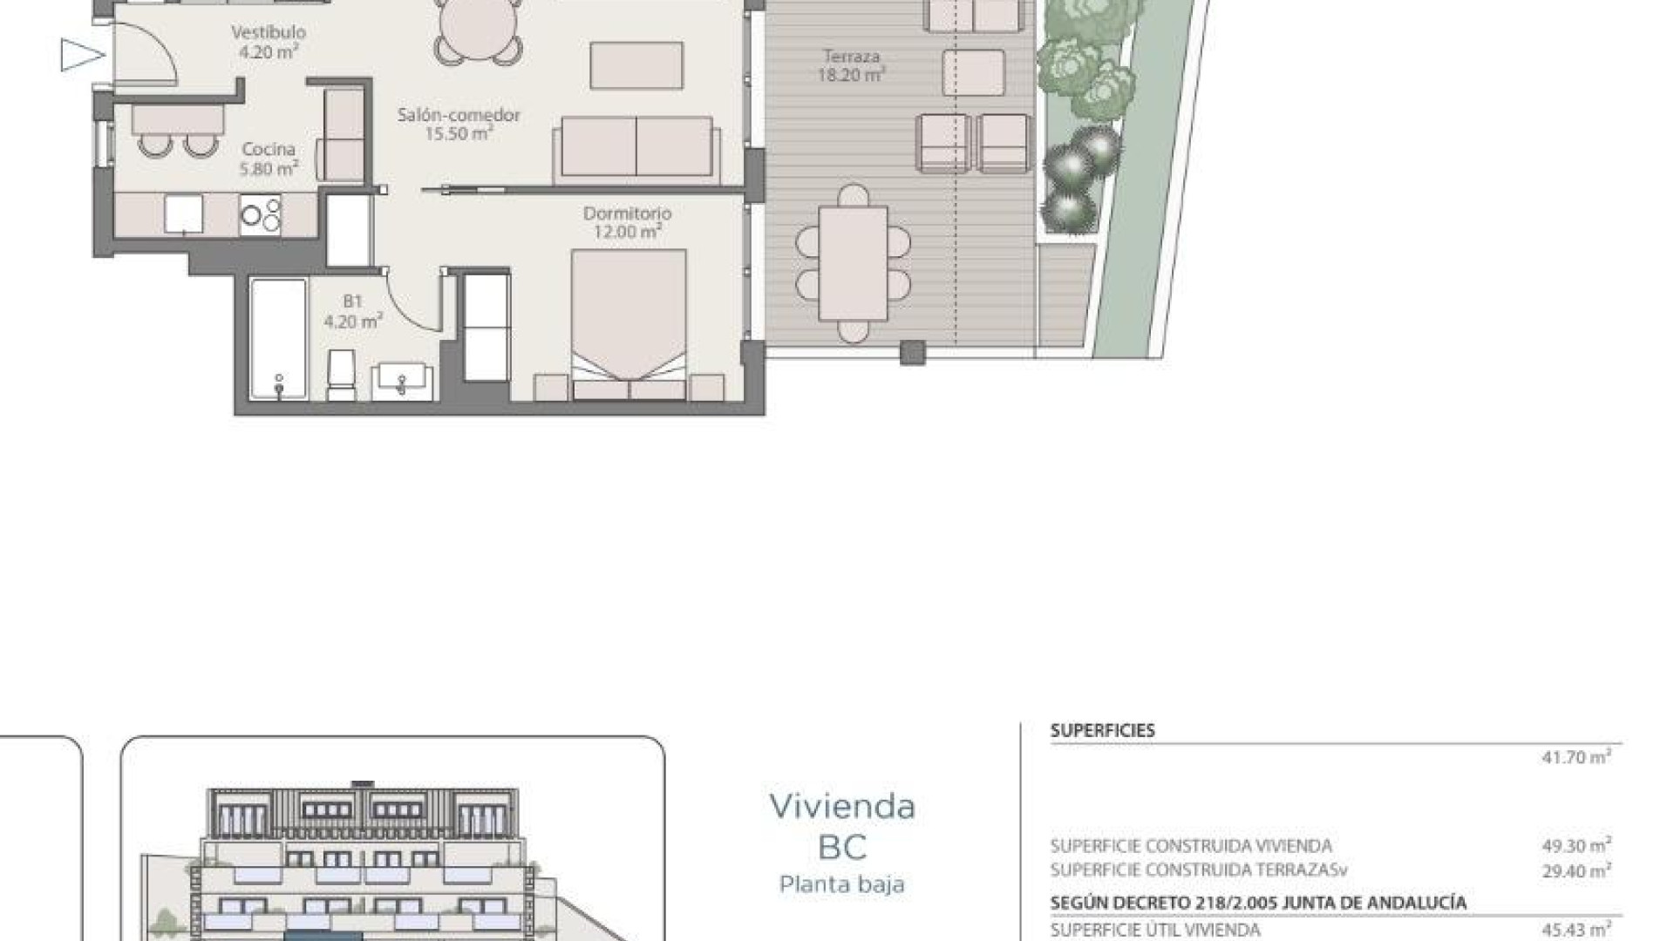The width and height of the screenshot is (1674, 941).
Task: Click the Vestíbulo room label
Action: coord(269,42)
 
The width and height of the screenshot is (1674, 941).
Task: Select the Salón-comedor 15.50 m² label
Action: coord(459,124)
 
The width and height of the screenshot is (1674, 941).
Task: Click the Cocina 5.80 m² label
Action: coord(269,159)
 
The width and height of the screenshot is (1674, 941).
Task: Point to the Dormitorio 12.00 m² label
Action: coord(627,222)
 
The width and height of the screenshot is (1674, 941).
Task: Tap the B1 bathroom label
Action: coord(352,311)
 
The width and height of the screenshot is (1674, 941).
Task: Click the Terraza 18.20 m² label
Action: coord(851,65)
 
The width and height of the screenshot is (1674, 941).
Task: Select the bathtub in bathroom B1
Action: coord(279,338)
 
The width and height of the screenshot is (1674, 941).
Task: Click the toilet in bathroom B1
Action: coord(341,375)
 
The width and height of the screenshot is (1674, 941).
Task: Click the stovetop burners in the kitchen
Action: coord(261,215)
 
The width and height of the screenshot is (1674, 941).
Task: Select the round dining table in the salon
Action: coord(480,28)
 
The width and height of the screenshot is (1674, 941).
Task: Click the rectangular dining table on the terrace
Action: coord(853,263)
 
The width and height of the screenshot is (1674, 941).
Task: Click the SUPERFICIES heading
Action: coord(1102,731)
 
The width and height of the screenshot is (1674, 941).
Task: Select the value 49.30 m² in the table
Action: coord(1575,845)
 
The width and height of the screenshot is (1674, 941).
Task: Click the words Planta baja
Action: coord(842,884)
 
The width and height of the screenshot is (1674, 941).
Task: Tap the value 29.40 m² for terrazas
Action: coord(1575,870)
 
